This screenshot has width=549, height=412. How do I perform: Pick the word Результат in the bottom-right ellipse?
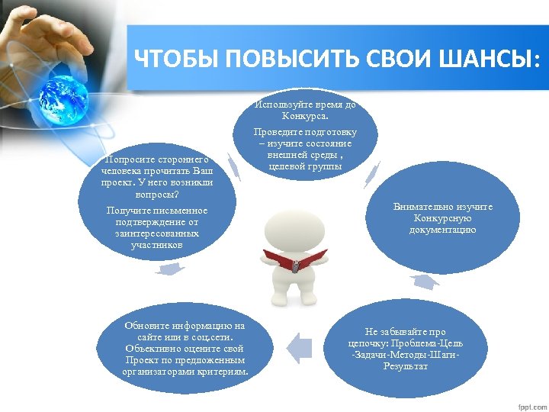click(x=405, y=366)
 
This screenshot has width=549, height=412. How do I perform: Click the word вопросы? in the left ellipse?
click(x=156, y=195)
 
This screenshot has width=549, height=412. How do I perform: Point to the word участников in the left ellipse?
click(x=156, y=245)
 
